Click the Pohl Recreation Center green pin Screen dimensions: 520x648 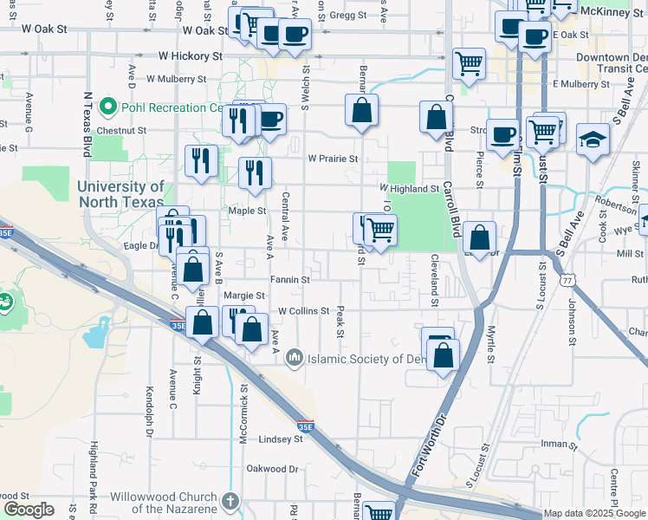click(x=108, y=107)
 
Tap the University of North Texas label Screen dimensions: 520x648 click(x=120, y=194)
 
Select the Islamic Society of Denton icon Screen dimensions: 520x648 click(x=295, y=357)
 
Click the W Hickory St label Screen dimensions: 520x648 click(x=190, y=56)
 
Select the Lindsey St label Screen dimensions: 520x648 click(x=280, y=439)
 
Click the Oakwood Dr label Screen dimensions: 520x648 click(x=272, y=469)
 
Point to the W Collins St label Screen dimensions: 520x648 click(x=304, y=311)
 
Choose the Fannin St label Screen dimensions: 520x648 click(x=289, y=280)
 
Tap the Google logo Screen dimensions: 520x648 click(x=29, y=509)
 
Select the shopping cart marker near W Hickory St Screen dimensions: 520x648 click(x=468, y=62)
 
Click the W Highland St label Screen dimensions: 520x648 click(x=410, y=188)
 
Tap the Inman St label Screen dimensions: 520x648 click(x=559, y=444)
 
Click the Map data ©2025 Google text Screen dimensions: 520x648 click(x=593, y=513)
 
